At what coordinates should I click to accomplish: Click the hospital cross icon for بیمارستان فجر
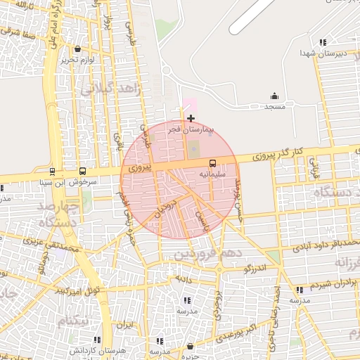coord(191,118)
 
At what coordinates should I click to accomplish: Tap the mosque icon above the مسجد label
coord(274,96)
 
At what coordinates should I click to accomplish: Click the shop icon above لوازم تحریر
coord(77,49)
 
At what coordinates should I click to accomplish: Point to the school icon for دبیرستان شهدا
coord(323,43)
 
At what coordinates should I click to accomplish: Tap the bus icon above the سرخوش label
coord(83,171)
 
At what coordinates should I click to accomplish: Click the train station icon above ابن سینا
coord(53,171)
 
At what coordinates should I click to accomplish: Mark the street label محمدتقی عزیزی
coord(53,249)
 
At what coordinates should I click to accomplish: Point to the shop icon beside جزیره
coord(191,346)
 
